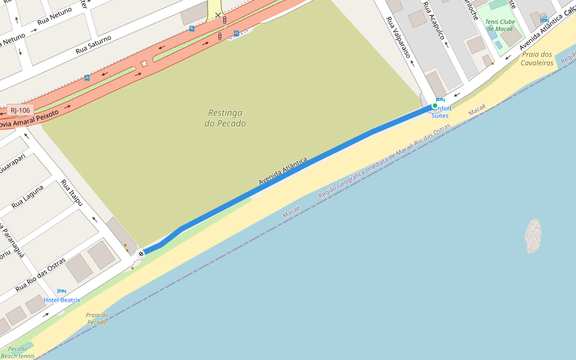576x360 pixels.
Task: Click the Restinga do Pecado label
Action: pos(225,118)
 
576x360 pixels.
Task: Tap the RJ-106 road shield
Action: pos(20,110)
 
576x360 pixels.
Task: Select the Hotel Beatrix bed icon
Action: pos(61,292)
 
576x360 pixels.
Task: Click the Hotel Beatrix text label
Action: pos(62,299)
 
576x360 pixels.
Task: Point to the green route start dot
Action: pos(435,106)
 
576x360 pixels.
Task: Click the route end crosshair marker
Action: pos(141,254)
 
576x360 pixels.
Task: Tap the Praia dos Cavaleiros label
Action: pos(536,59)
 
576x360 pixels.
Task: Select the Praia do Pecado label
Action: pos(97,319)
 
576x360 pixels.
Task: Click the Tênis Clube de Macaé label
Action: pos(499,25)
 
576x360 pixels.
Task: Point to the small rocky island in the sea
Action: pos(533,236)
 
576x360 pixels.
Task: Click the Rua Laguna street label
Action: pos(28,197)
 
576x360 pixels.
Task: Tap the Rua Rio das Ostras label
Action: pos(40,275)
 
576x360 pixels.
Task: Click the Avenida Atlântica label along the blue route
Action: pos(283,171)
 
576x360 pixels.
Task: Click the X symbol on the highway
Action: pos(218,15)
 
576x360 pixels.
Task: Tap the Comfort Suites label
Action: pos(441,112)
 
